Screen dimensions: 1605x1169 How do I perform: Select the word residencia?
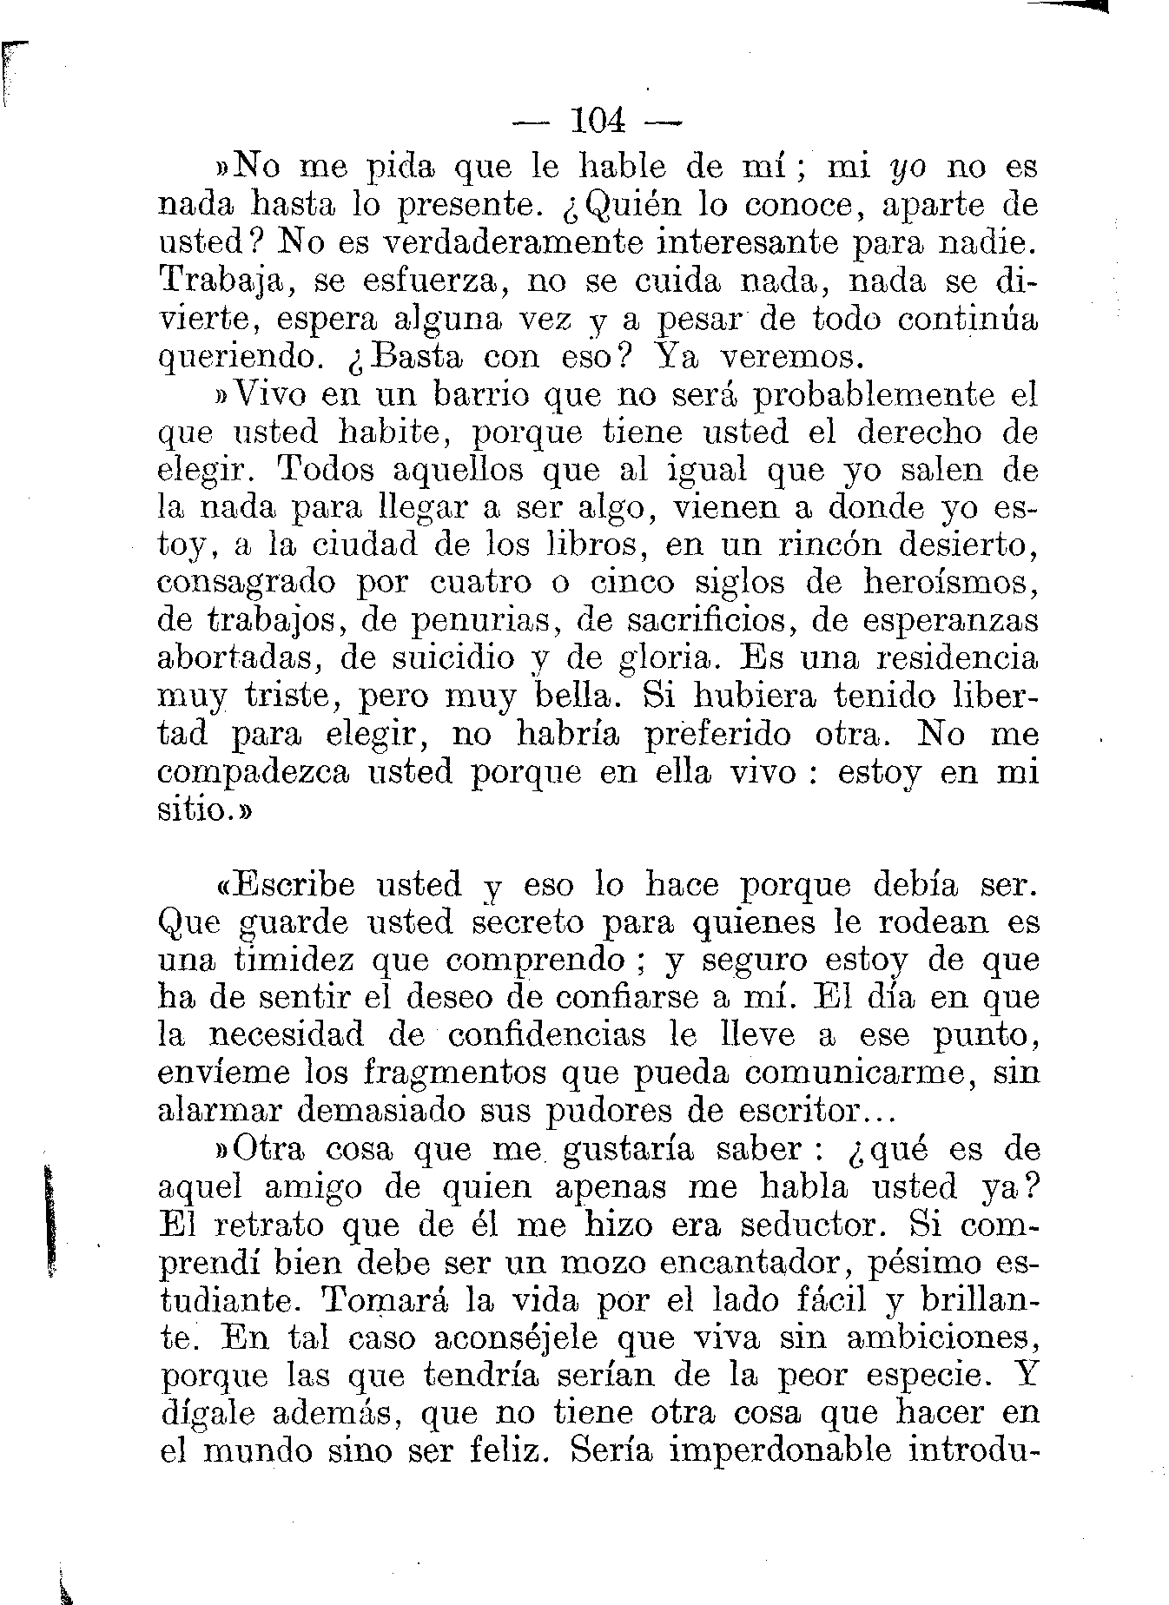956,658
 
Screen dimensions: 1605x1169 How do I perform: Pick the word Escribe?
295,885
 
